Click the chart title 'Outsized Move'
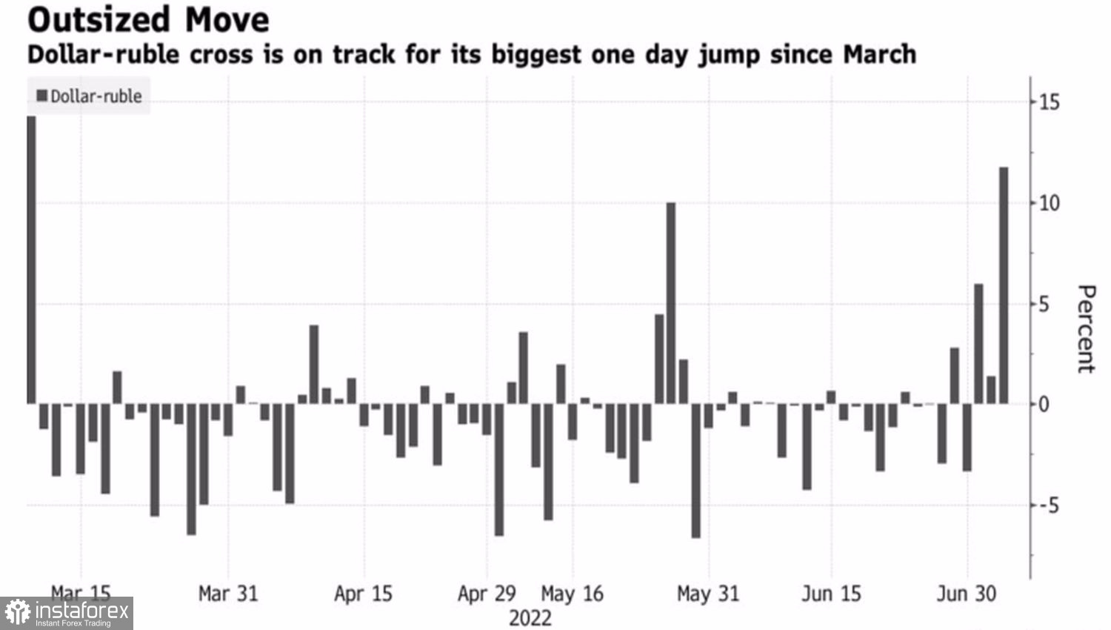pyautogui.click(x=148, y=20)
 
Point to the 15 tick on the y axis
pyautogui.click(x=1049, y=102)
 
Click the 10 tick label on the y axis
pyautogui.click(x=1049, y=203)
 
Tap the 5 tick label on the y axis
pyautogui.click(x=1044, y=304)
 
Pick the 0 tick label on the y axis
pyautogui.click(x=1044, y=405)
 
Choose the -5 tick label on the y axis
pyautogui.click(x=1047, y=505)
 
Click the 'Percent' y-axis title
pyautogui.click(x=1085, y=328)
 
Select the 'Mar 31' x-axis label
pyautogui.click(x=228, y=594)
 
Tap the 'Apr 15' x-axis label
pyautogui.click(x=363, y=594)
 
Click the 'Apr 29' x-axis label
pyautogui.click(x=487, y=594)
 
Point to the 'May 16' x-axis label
pyautogui.click(x=573, y=594)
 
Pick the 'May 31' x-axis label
pyautogui.click(x=708, y=594)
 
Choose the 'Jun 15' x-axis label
pyautogui.click(x=831, y=594)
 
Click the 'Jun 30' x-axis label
pyautogui.click(x=967, y=594)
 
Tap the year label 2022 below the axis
pyautogui.click(x=530, y=618)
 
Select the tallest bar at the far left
pyautogui.click(x=31, y=259)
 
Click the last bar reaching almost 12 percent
pyautogui.click(x=1004, y=285)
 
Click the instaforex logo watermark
pyautogui.click(x=67, y=613)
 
